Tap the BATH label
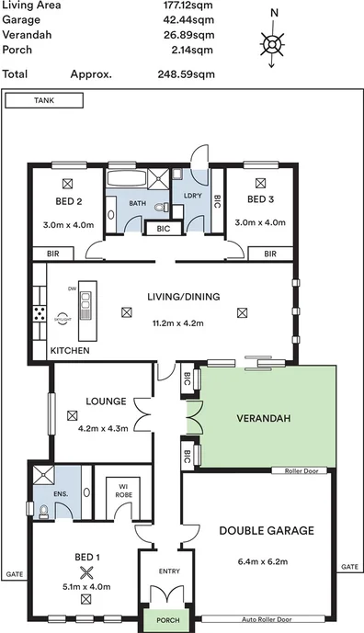(x=137, y=204)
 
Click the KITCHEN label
(x=70, y=351)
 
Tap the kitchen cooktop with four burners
(x=41, y=313)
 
